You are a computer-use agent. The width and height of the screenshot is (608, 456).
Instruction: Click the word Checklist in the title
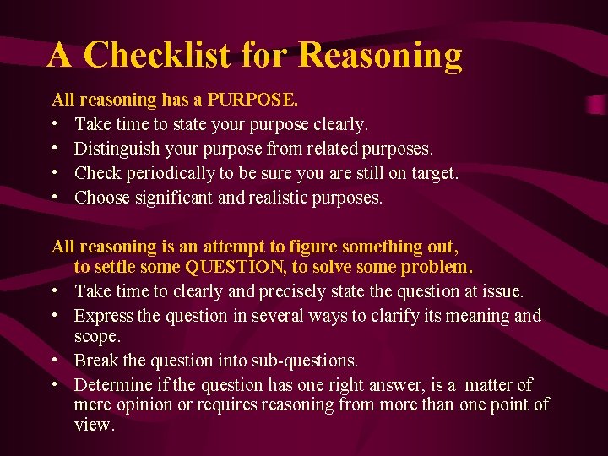(157, 56)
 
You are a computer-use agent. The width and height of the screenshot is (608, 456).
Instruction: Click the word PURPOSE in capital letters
(252, 100)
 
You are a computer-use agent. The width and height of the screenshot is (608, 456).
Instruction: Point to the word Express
(103, 317)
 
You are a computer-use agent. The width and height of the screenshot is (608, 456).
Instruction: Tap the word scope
(96, 336)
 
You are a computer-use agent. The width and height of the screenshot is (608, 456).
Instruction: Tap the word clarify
(415, 317)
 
